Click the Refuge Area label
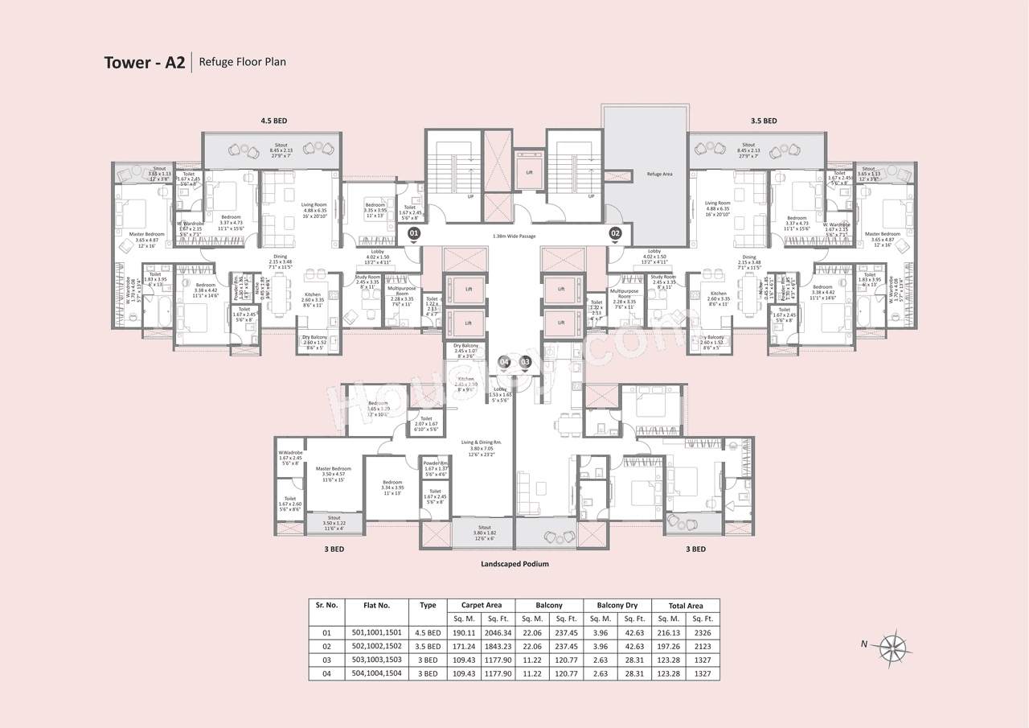660,174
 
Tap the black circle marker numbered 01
414,233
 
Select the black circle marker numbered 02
616,233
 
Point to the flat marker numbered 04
505,363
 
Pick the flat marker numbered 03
526,363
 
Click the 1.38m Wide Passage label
514,236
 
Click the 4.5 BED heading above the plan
273,121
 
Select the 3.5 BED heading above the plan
764,121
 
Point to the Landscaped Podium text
514,564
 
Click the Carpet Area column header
481,605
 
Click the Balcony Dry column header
617,605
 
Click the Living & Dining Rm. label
481,442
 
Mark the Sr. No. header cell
326,605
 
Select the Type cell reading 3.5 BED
428,646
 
